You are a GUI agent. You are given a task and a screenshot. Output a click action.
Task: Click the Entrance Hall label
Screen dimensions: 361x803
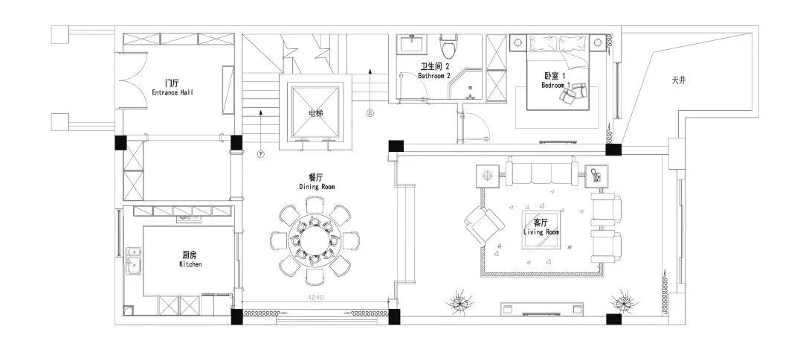pos(172,88)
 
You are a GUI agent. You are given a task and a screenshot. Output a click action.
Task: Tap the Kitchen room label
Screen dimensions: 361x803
pos(190,259)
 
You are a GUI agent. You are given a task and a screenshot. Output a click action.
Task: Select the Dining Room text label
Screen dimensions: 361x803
pos(316,182)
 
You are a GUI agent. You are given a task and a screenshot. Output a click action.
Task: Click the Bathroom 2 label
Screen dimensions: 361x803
pos(434,71)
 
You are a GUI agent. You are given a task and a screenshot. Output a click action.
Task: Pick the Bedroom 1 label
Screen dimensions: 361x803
pos(555,80)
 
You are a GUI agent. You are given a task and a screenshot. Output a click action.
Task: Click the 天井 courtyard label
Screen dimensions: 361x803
pos(678,80)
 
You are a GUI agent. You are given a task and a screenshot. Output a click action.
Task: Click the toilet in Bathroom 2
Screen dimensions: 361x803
pos(448,47)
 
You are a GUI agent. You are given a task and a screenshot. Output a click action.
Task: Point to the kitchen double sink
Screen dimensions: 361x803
pos(135,261)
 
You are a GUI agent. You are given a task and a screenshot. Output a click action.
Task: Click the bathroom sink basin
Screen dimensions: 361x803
pos(410,44)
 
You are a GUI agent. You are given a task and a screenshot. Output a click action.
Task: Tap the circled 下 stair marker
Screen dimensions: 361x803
pos(261,155)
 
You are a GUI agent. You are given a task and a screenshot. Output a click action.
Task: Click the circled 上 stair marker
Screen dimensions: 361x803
pos(370,113)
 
